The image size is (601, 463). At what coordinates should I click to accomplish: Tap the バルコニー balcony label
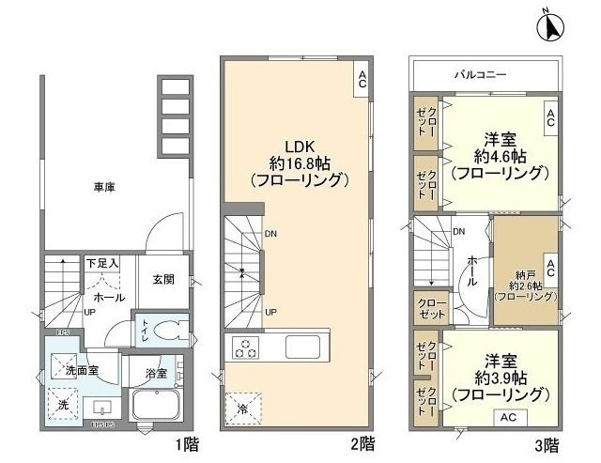pyautogui.click(x=484, y=72)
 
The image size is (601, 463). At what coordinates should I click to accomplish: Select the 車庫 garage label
pyautogui.click(x=103, y=188)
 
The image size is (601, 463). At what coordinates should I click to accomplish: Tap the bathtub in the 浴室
pyautogui.click(x=157, y=407)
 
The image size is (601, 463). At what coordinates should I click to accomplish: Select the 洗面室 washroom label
pyautogui.click(x=81, y=370)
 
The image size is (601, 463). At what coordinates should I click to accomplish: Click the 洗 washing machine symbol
pyautogui.click(x=63, y=403)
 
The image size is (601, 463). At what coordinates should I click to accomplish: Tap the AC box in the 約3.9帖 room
pyautogui.click(x=507, y=415)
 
